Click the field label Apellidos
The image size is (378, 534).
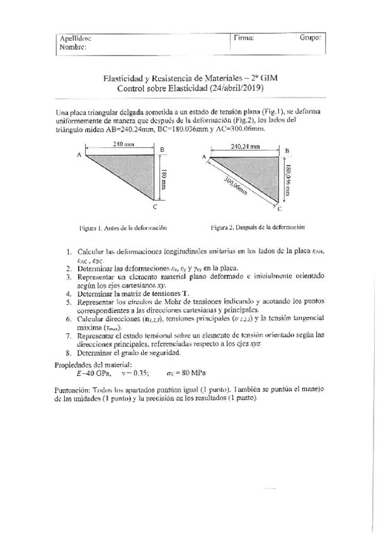(75, 38)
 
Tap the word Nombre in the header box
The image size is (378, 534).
(73, 47)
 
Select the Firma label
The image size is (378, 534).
(244, 38)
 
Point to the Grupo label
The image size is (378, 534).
(311, 38)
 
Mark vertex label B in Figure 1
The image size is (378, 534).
(163, 150)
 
